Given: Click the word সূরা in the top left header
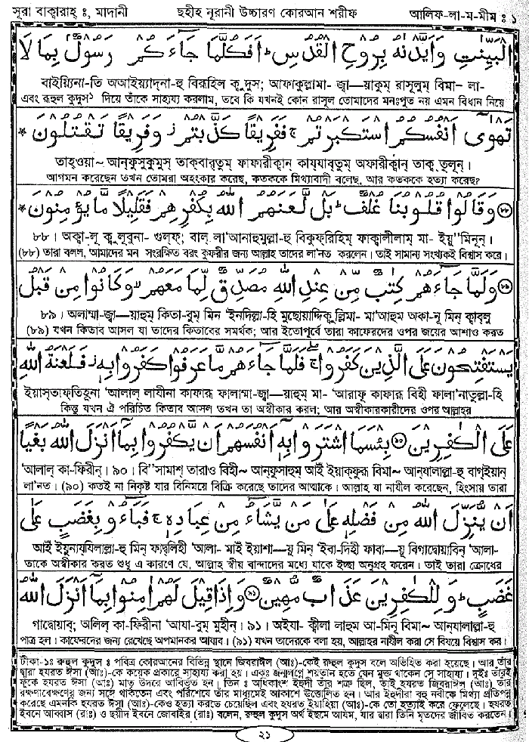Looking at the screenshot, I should pyautogui.click(x=22, y=13).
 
